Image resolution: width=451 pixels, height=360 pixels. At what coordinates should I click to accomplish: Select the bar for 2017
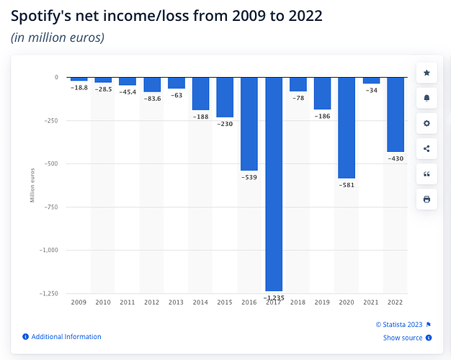pyautogui.click(x=274, y=184)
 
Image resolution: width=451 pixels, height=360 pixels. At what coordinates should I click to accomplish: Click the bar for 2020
pyautogui.click(x=347, y=127)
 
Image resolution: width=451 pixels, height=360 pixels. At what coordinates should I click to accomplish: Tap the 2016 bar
pyautogui.click(x=249, y=123)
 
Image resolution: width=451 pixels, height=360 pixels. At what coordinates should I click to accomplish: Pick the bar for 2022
pyautogui.click(x=396, y=114)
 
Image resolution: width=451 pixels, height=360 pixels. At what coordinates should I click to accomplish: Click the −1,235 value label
pyautogui.click(x=274, y=297)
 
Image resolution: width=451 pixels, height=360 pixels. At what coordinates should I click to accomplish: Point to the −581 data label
pyautogui.click(x=347, y=185)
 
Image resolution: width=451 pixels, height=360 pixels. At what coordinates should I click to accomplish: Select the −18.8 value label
pyautogui.click(x=79, y=87)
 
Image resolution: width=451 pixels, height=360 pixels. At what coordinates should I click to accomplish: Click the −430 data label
pyautogui.click(x=396, y=158)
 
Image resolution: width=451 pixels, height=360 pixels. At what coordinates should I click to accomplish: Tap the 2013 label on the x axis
pyautogui.click(x=177, y=302)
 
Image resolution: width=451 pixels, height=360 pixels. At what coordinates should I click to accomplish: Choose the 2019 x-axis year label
pyautogui.click(x=322, y=302)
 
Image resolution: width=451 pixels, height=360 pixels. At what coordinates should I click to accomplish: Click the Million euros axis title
pyautogui.click(x=32, y=184)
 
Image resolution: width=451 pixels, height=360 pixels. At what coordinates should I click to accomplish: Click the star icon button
pyautogui.click(x=427, y=73)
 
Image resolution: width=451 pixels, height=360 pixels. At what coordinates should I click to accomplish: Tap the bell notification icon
pyautogui.click(x=427, y=98)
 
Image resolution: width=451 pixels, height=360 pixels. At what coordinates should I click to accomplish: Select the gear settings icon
pyautogui.click(x=427, y=123)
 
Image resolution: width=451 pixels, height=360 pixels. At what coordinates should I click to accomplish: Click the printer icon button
pyautogui.click(x=427, y=199)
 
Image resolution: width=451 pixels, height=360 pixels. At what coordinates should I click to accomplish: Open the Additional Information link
pyautogui.click(x=66, y=336)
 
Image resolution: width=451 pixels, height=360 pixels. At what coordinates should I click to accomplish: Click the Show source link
pyautogui.click(x=403, y=337)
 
